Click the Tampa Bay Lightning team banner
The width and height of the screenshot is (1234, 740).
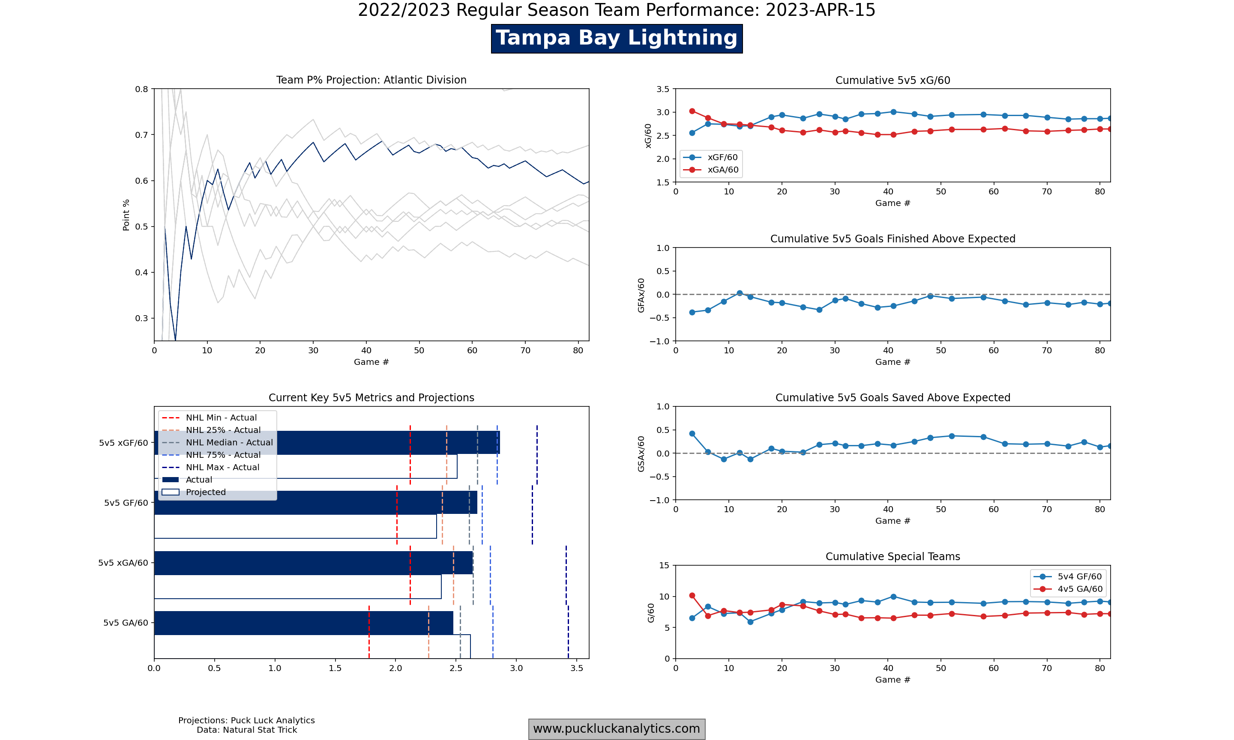click(x=617, y=39)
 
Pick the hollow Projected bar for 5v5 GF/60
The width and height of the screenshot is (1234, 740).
click(x=295, y=527)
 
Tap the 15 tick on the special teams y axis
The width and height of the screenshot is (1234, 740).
click(x=664, y=565)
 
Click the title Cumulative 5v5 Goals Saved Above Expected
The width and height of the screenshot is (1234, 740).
click(x=893, y=398)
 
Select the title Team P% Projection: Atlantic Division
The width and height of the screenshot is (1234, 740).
click(x=371, y=80)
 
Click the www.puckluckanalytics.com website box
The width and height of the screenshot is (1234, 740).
click(x=617, y=729)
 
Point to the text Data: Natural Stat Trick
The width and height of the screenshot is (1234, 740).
click(x=246, y=730)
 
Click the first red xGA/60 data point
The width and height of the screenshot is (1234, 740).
click(x=692, y=111)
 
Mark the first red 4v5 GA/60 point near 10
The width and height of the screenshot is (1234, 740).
click(x=692, y=596)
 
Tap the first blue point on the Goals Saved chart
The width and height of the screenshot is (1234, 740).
click(x=692, y=434)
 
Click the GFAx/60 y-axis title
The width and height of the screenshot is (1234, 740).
click(x=641, y=295)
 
